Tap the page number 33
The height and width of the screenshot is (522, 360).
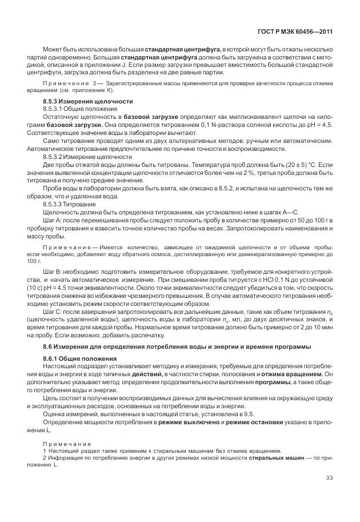[329, 478]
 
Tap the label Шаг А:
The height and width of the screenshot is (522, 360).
[53, 219]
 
